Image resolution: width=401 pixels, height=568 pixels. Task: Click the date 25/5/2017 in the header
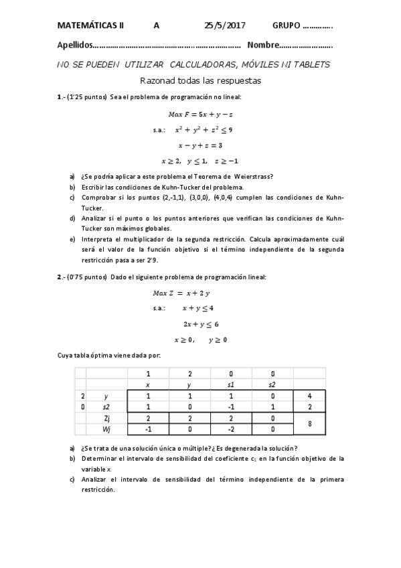coord(225,25)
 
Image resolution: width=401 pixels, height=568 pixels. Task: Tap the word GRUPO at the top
coord(287,25)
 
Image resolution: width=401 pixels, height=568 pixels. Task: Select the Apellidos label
coord(73,46)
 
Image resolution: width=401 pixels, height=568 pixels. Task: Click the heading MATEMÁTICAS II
coord(90,25)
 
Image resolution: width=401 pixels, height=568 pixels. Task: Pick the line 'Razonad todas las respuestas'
coord(200,80)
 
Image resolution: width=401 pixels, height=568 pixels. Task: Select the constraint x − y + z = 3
coord(200,145)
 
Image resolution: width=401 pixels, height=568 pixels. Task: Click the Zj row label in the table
coord(106,417)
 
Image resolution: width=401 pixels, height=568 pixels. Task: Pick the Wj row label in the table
coord(106,429)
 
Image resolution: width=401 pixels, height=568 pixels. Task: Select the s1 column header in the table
coord(231,384)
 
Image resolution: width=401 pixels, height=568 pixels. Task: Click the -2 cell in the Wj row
coord(231,429)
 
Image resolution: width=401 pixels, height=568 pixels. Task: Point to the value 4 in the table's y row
coord(309,396)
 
